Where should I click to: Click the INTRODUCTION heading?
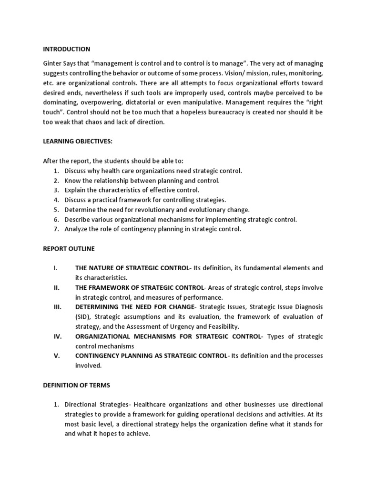click(66, 49)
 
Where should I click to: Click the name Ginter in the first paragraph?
click(53, 63)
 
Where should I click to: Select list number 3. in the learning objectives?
click(56, 190)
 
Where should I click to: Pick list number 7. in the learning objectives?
click(56, 229)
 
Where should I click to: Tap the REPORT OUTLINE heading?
click(69, 249)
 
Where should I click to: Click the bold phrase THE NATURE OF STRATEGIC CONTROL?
click(132, 268)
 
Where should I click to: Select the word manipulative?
click(199, 102)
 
